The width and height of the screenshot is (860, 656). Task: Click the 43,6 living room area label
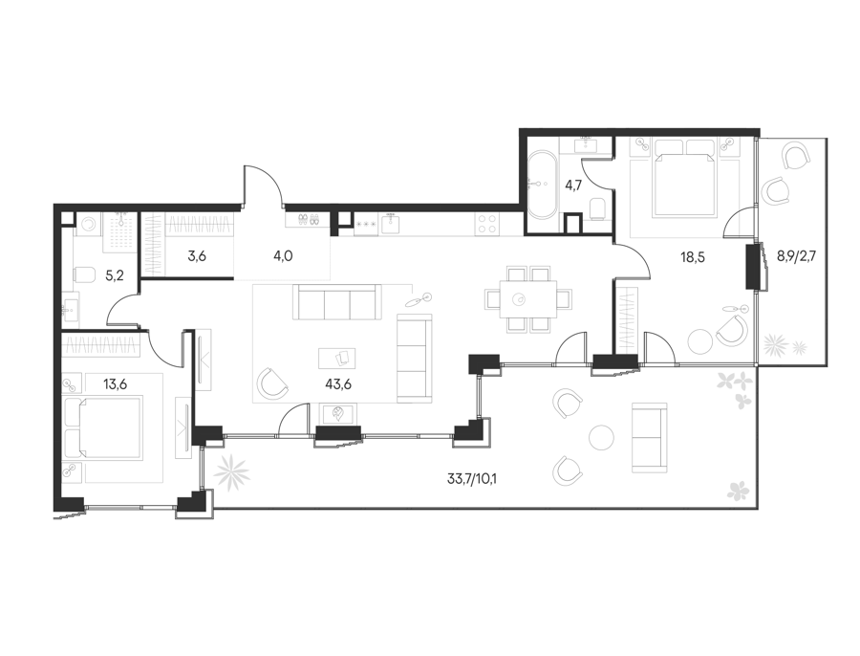click(x=338, y=384)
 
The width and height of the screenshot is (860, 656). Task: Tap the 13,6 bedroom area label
click(x=116, y=384)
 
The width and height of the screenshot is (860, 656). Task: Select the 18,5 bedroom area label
click(x=693, y=257)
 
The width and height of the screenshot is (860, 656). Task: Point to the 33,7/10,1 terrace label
click(x=472, y=479)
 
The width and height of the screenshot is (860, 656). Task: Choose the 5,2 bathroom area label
click(x=114, y=275)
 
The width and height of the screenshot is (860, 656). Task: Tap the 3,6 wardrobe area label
click(x=196, y=256)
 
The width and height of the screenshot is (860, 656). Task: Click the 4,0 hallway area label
click(x=283, y=256)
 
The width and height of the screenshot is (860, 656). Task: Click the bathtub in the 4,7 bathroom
click(x=543, y=185)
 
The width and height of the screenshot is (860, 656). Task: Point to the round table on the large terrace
click(x=602, y=437)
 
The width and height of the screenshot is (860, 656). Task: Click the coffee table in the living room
click(x=336, y=358)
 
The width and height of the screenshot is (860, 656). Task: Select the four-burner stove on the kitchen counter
click(x=486, y=224)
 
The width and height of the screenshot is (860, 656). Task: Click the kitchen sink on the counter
click(x=390, y=224)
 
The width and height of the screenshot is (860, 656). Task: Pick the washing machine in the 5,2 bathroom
click(x=86, y=224)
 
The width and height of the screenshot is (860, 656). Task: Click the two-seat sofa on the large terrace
click(x=650, y=438)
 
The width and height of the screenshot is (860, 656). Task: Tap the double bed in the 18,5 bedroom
click(x=685, y=177)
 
